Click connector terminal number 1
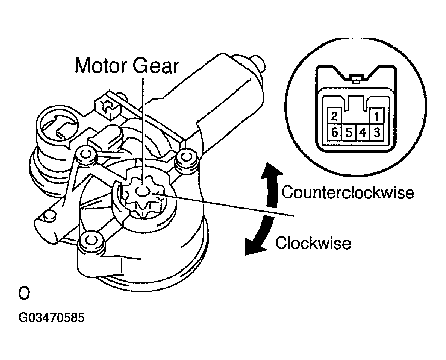tap(376, 116)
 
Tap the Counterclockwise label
tap(348, 193)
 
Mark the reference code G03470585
tap(52, 319)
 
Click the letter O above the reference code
tap(23, 293)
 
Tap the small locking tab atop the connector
tap(357, 78)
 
